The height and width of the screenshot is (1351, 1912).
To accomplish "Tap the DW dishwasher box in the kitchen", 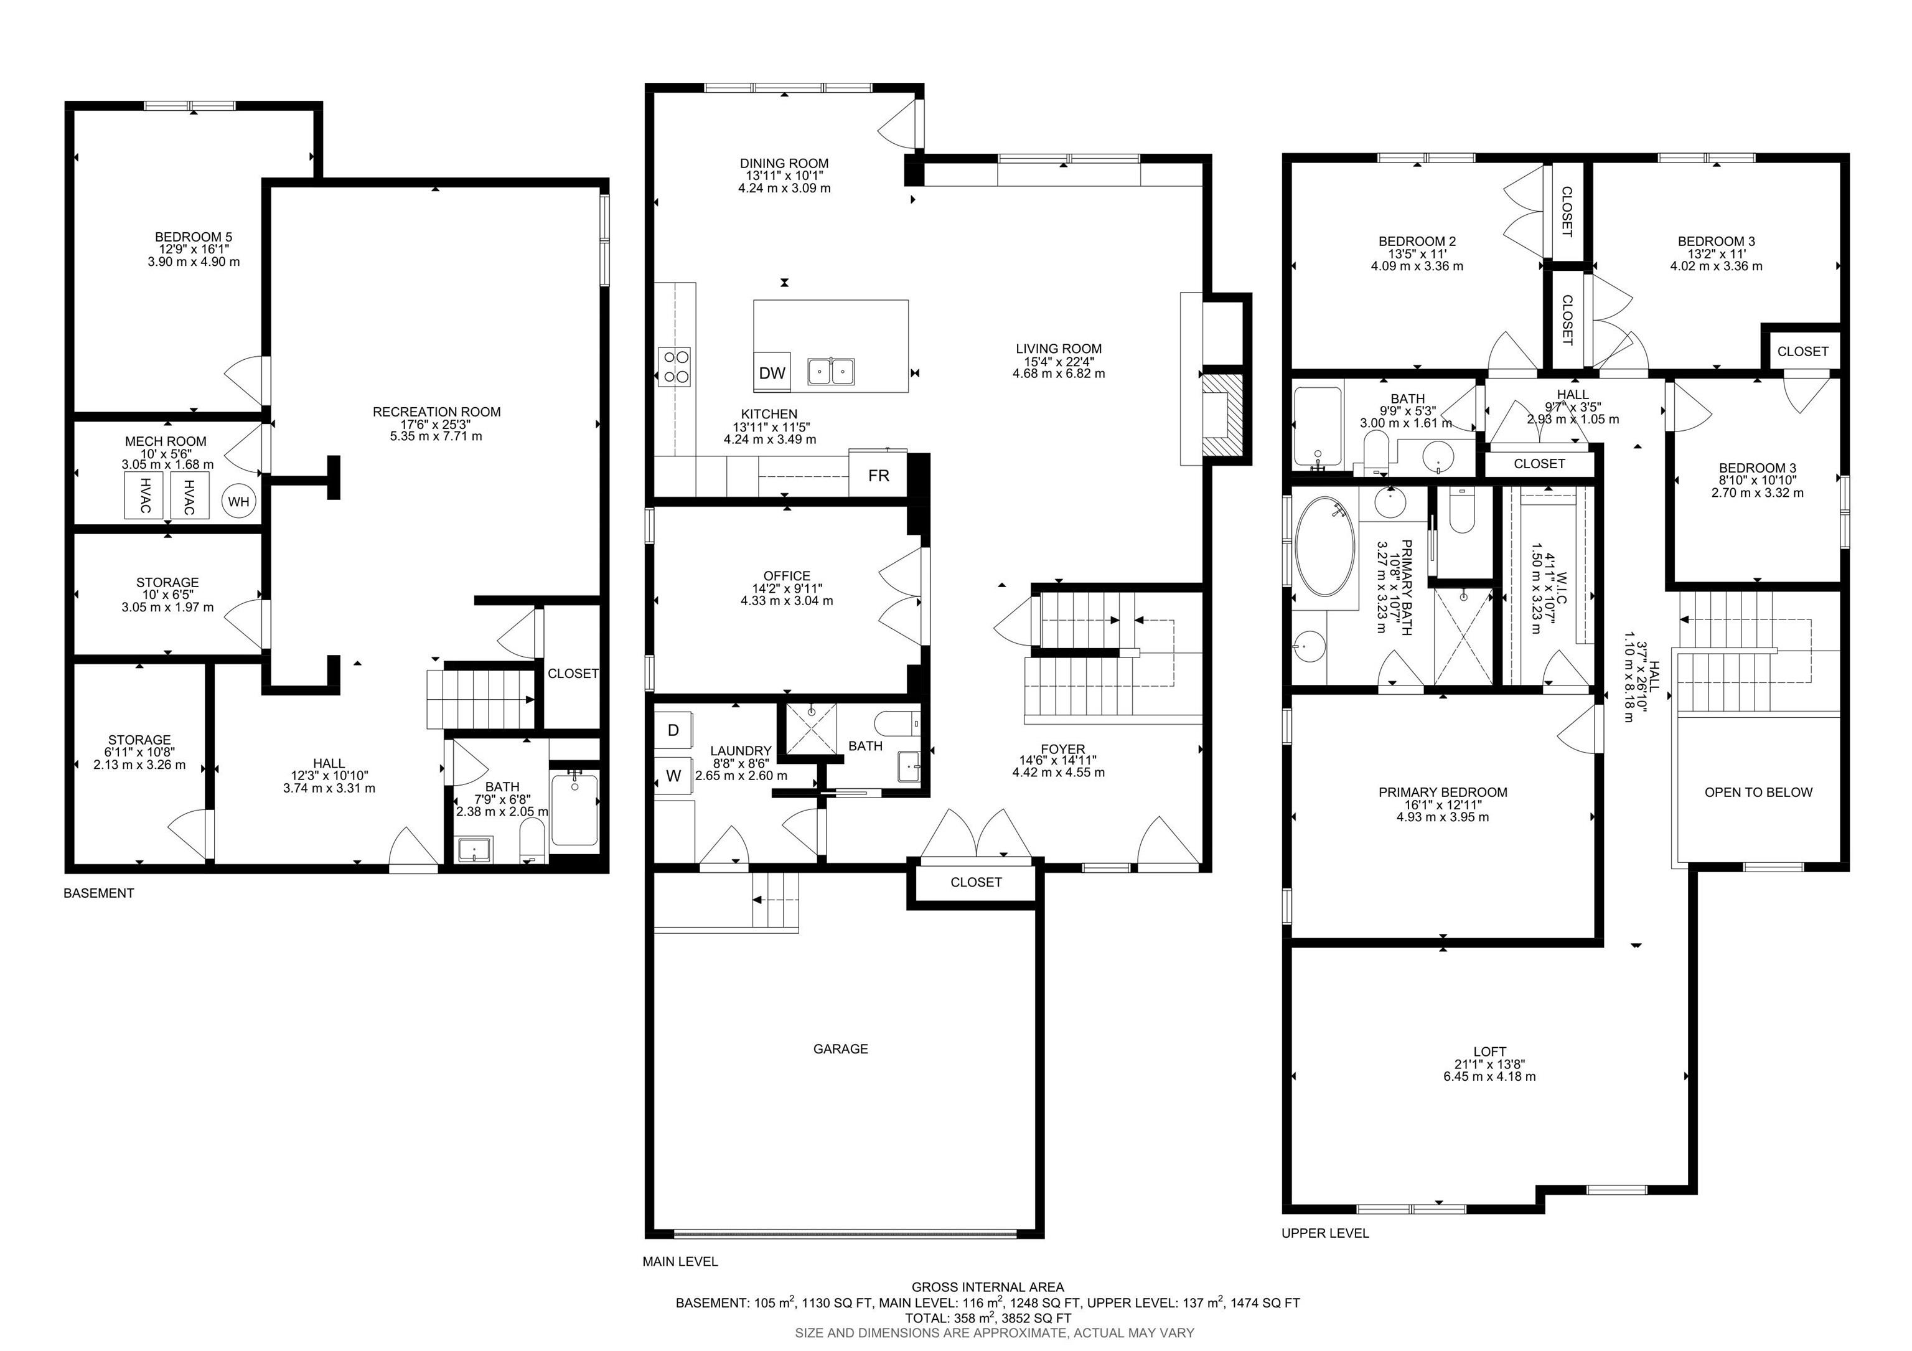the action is (772, 373).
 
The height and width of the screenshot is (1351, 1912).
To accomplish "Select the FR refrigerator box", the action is (879, 476).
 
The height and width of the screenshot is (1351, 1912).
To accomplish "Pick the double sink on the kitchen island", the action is (831, 370).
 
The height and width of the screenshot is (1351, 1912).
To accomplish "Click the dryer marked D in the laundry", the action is (673, 730).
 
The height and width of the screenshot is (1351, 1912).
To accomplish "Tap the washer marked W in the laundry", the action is (673, 776).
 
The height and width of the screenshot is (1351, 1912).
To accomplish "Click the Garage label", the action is (840, 1048).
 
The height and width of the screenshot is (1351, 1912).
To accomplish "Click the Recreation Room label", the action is (436, 412).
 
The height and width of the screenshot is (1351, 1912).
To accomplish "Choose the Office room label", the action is (786, 575).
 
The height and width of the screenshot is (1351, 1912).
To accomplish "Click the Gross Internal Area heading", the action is (988, 1287).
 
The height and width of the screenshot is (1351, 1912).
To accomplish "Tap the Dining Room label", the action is (784, 163).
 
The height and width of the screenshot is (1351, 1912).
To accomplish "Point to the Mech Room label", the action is (166, 441).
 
